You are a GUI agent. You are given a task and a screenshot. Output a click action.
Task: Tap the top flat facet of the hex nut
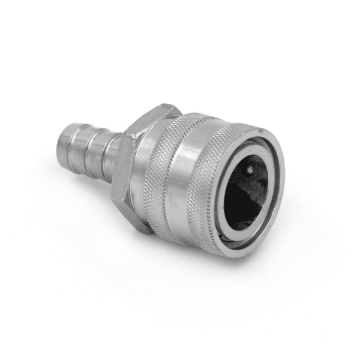coord(157,112)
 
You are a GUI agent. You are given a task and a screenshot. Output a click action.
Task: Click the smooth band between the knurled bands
coord(192,180)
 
